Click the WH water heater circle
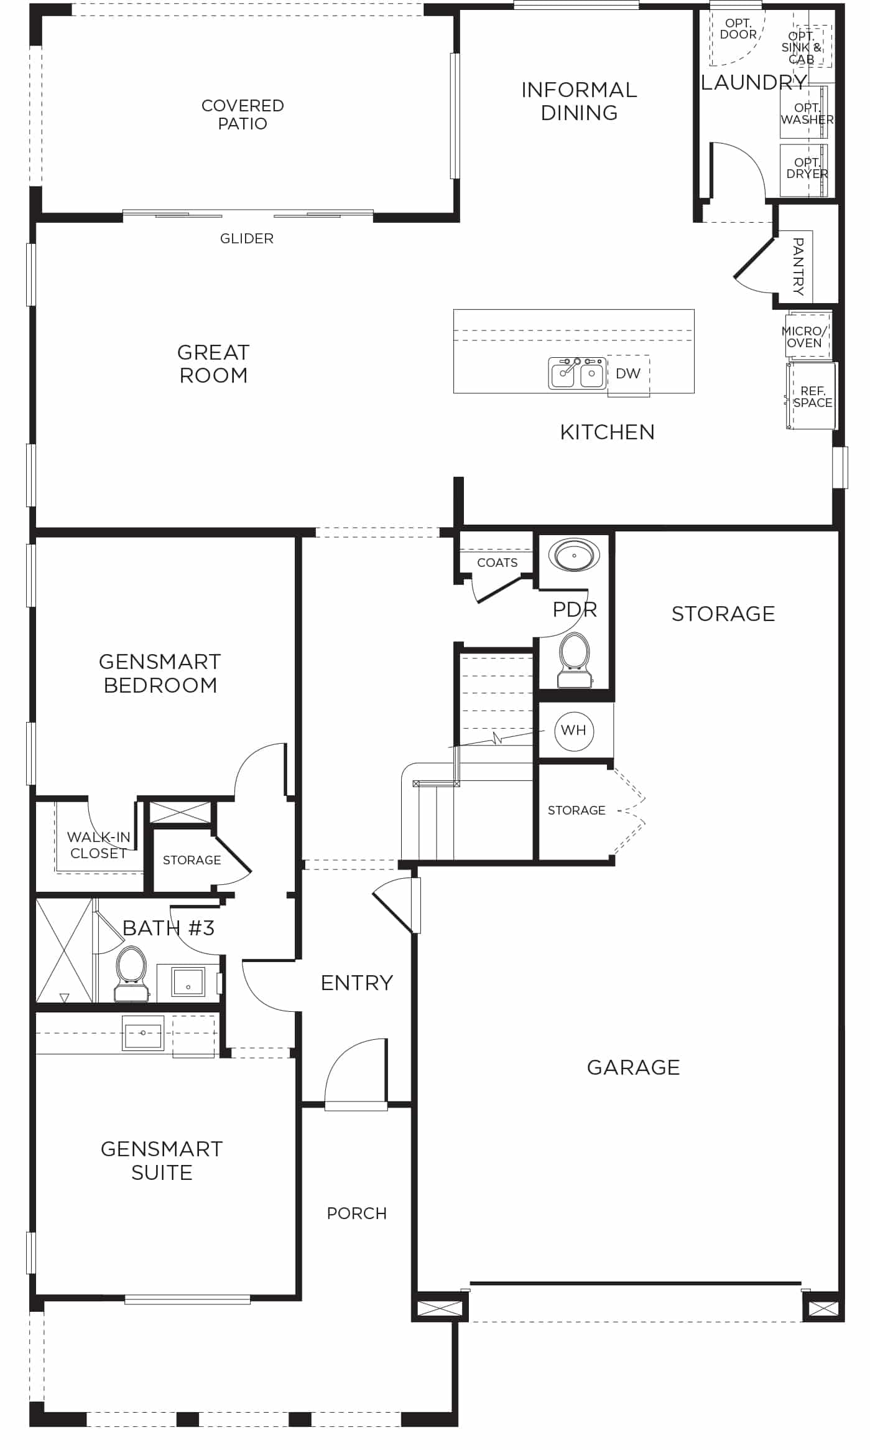[574, 731]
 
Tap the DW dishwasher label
[628, 373]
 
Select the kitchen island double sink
[577, 373]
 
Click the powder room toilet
[575, 661]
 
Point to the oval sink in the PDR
[574, 554]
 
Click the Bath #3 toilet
[131, 974]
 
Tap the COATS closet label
[497, 563]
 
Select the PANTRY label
[798, 266]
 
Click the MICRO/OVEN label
[805, 337]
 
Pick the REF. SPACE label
[813, 396]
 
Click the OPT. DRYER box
[804, 170]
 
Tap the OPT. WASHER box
[804, 112]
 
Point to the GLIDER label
[247, 238]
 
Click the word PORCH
[357, 1214]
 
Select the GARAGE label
[634, 1067]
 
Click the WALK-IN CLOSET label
[99, 845]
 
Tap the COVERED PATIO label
[243, 115]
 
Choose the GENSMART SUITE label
[162, 1161]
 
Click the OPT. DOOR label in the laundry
[738, 29]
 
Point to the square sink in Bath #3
[188, 982]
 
